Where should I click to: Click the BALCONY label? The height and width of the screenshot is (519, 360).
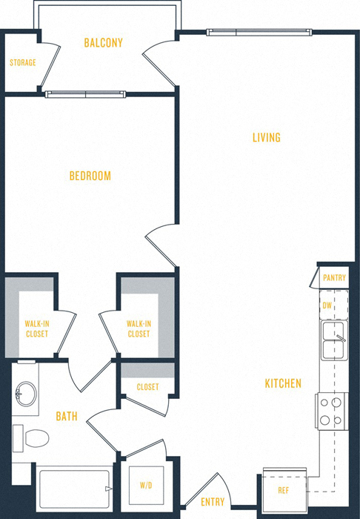pos(103,43)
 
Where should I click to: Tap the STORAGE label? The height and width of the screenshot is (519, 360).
pos(22,63)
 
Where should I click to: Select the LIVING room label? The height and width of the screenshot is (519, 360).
pos(266,137)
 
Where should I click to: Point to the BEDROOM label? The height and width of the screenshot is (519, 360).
pos(90,176)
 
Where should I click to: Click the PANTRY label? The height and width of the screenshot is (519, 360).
pos(335,277)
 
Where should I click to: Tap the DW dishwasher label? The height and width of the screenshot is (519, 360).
pos(327,305)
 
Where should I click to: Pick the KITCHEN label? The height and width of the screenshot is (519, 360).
pos(283,383)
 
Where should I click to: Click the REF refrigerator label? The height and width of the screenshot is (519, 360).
pos(284,490)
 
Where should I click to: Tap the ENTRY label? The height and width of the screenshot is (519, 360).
pos(213,502)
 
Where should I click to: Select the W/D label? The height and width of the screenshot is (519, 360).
pos(146,486)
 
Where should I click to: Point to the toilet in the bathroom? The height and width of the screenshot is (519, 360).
pos(31,437)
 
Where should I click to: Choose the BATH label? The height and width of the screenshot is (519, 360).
pos(67,416)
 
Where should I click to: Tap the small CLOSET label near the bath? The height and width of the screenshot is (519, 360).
pos(147,386)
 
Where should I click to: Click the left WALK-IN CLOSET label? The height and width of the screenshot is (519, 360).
pos(36,328)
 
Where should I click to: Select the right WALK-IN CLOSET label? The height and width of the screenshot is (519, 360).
pos(139,328)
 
